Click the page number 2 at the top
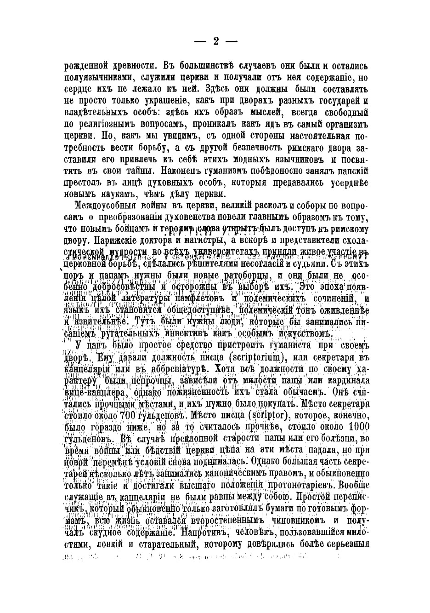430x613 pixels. [x=215, y=41]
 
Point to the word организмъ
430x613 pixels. [x=342, y=125]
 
